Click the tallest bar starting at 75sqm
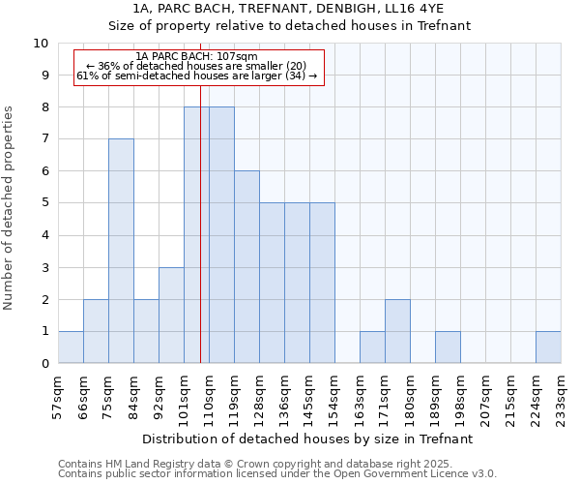coord(121,251)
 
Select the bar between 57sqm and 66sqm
coord(71,347)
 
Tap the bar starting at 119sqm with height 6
coord(246,267)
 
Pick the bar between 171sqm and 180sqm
coord(397,331)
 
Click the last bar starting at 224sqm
coord(548,347)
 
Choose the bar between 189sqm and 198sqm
coord(448,347)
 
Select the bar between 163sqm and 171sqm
coord(372,347)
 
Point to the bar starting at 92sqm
coord(171,315)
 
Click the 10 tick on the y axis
coord(41,44)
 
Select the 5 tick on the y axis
coord(44,203)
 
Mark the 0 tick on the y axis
coord(44,363)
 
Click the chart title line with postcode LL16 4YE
coord(289,9)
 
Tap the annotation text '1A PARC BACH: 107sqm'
coord(197,57)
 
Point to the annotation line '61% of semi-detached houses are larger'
coord(197,76)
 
